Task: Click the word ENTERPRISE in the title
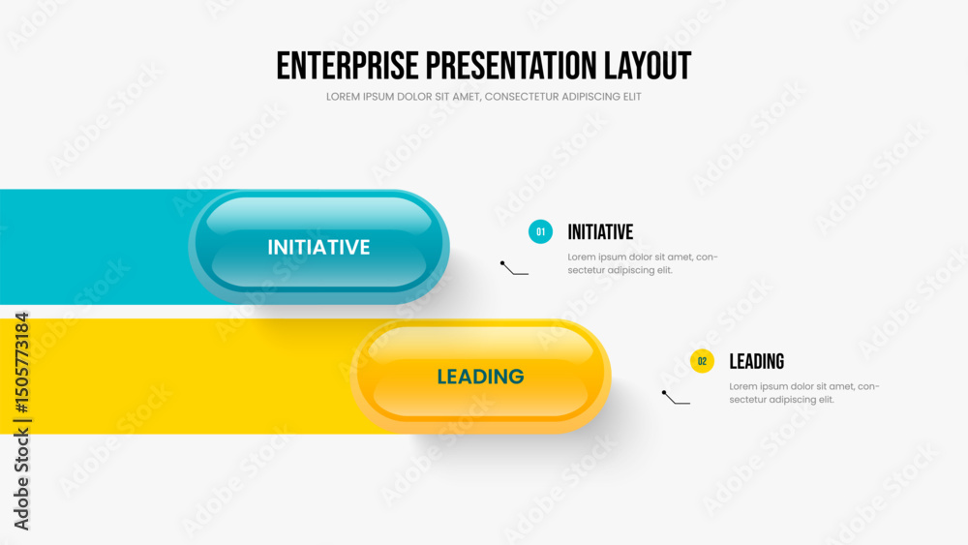pos(348,66)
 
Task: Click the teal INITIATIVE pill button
pos(318,246)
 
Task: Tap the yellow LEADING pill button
pos(480,376)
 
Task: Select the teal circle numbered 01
pos(540,232)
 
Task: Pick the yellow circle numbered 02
pos(702,361)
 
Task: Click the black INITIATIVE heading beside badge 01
pos(600,232)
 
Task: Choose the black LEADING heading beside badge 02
pos(756,362)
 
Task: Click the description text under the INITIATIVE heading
pos(643,263)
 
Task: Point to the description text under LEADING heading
pos(804,393)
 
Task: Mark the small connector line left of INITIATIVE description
pos(513,270)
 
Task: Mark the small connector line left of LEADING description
pos(675,400)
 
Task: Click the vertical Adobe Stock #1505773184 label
pos(21,421)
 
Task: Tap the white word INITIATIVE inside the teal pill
pos(318,247)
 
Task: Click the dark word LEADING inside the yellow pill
pos(480,377)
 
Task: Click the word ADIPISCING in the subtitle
pos(591,97)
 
